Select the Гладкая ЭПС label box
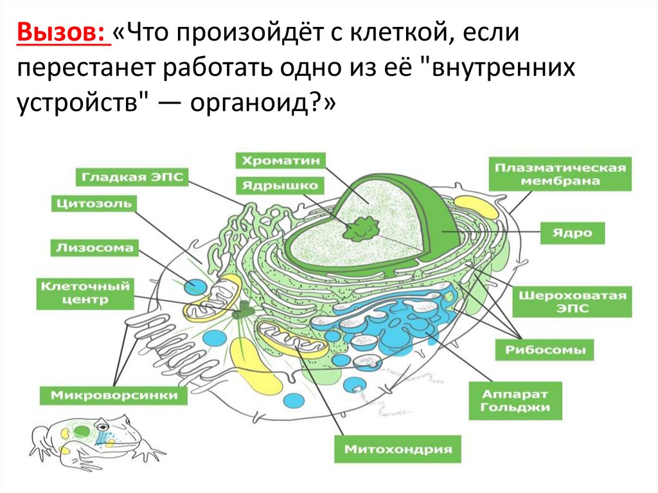click(133, 177)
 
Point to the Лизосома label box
click(94, 247)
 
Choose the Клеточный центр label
click(84, 292)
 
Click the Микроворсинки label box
click(113, 395)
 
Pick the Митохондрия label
click(398, 449)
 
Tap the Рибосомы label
click(545, 350)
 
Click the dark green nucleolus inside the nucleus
click(361, 228)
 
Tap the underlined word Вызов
click(62, 31)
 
